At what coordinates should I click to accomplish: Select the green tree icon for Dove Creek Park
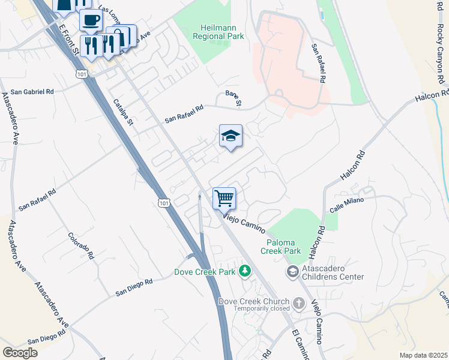(244, 271)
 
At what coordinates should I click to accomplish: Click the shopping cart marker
(224, 197)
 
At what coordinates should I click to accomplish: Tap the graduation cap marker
(231, 136)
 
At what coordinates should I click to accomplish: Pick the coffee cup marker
(91, 20)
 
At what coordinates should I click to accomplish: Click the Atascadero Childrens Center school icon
(292, 272)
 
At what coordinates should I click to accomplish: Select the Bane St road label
(233, 99)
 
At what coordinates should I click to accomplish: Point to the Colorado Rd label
(81, 245)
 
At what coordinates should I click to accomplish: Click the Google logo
(20, 353)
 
